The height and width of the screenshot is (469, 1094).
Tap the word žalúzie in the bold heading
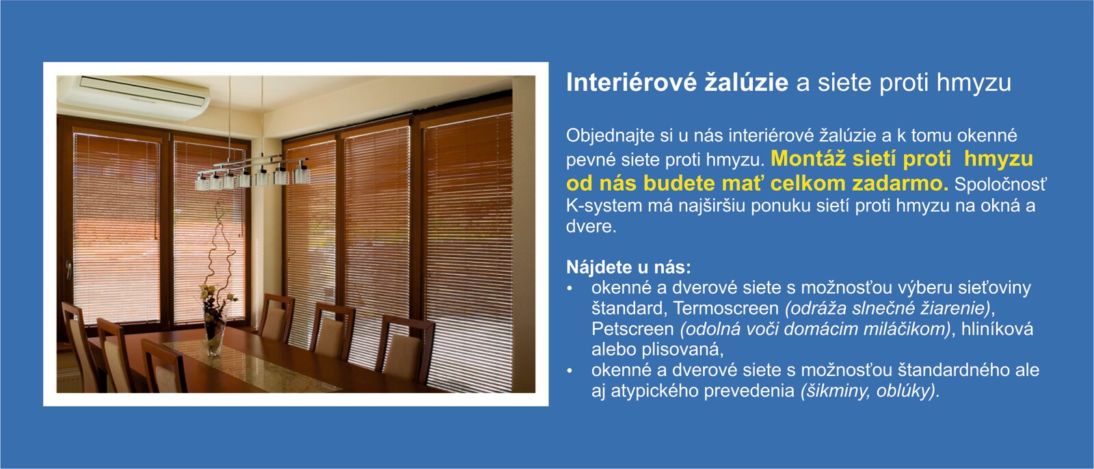point(746,82)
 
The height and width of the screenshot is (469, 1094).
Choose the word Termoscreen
point(725,308)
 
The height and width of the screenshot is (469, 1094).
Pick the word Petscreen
point(632,330)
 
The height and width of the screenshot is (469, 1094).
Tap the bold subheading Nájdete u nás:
point(628,267)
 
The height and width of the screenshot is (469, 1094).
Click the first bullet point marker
point(570,289)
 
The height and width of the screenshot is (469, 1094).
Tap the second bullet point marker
point(570,371)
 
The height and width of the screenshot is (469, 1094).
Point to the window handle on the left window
point(69,268)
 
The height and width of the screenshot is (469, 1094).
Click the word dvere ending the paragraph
point(591,227)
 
